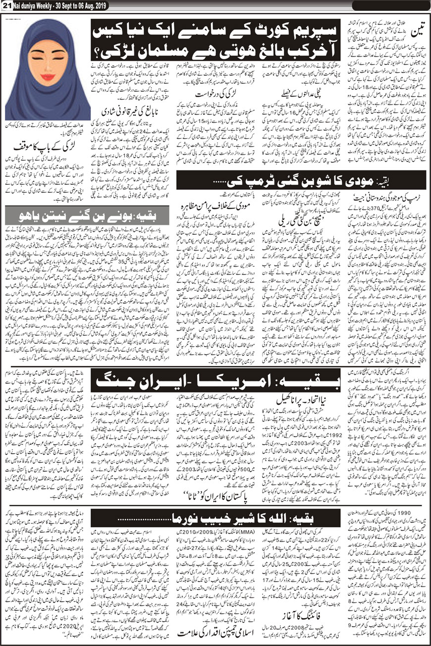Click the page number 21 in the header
pyautogui.click(x=6, y=4)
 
